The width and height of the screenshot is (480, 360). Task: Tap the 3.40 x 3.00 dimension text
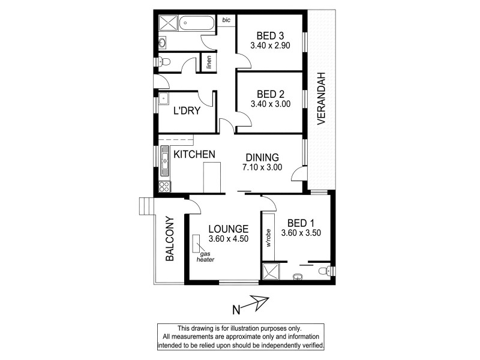coord(271,104)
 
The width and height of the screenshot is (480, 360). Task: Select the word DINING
coord(262,158)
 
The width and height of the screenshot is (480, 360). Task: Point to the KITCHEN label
coord(194,155)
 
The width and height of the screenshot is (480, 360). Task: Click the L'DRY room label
coord(187,111)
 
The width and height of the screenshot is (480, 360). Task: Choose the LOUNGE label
coord(229,229)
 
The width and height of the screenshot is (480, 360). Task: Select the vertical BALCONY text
coord(170,239)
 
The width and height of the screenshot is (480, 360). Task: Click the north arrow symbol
coord(257,306)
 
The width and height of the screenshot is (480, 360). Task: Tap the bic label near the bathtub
coord(226,20)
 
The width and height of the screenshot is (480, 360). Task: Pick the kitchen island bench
coord(209,178)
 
